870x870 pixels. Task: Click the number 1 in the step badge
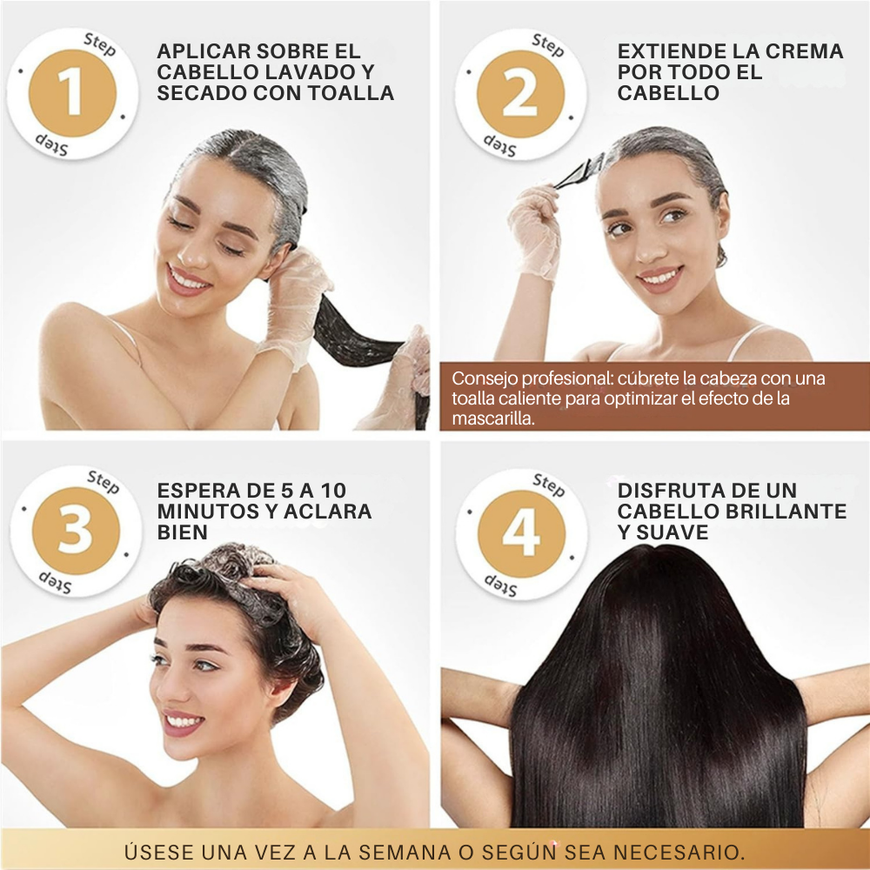[72, 93]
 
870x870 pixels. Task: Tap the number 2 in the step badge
[520, 94]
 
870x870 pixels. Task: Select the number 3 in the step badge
[74, 530]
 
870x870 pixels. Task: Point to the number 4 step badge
[521, 533]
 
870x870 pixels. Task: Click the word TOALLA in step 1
[350, 93]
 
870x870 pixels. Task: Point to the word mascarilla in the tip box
[492, 418]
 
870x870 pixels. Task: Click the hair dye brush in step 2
[579, 172]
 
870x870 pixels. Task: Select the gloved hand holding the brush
[534, 231]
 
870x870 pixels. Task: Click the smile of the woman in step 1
[188, 281]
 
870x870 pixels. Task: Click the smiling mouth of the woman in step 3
[184, 722]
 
